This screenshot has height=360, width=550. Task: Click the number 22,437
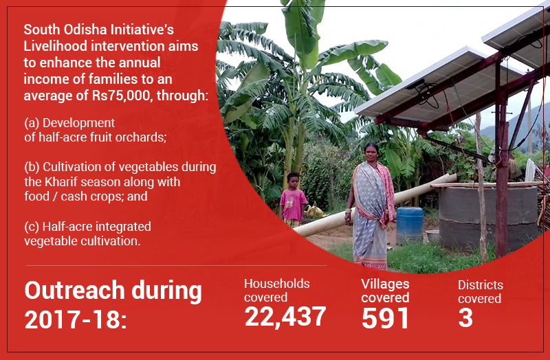coord(285,317)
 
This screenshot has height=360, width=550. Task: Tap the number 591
coord(385,318)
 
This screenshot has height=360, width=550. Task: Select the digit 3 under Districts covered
coord(465,317)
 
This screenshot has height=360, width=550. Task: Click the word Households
coord(277,284)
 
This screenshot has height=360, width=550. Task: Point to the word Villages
coord(385,284)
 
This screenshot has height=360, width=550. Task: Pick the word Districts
coord(480,285)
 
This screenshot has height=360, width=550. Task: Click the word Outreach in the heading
coord(75,291)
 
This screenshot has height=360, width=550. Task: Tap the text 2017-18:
coord(76,319)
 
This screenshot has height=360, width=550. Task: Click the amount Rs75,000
coord(121,95)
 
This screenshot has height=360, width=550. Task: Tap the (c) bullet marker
coord(32,227)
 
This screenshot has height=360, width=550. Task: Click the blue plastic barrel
coord(410,225)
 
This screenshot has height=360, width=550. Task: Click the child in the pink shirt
coord(293,199)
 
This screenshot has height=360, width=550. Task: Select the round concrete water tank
coord(487,217)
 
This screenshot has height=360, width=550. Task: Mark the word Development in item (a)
coord(78,123)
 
